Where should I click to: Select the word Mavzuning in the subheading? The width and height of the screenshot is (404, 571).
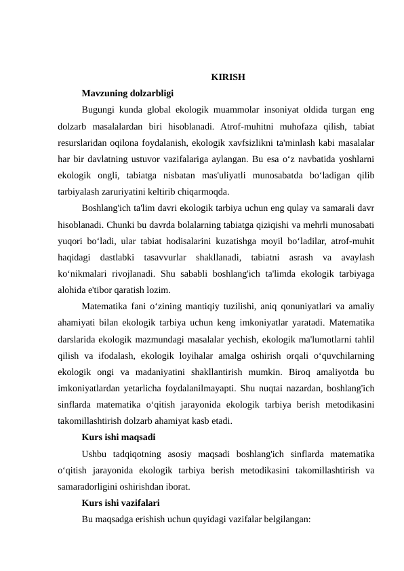(x=102, y=92)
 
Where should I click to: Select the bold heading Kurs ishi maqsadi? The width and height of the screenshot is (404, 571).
(x=119, y=435)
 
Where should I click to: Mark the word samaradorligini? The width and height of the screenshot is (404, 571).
(x=94, y=485)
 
